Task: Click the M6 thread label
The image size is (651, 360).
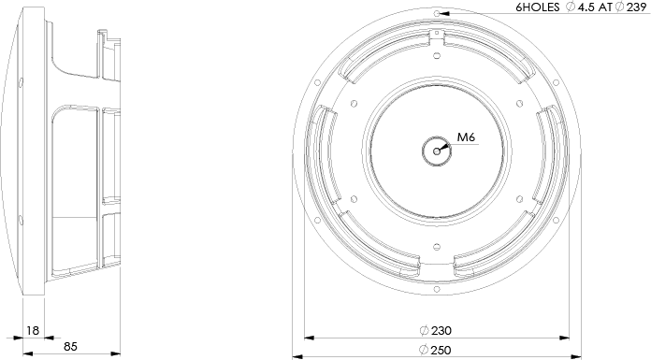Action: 466,137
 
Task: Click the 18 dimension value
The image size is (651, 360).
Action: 33,330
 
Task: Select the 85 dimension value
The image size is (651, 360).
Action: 70,346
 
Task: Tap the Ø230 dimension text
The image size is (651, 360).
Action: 436,331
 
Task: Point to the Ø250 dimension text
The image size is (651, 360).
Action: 436,350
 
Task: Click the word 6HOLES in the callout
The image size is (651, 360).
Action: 538,7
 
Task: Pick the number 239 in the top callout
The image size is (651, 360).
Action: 636,7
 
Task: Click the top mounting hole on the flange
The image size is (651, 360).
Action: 437,14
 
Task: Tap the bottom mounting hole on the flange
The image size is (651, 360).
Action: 437,289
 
